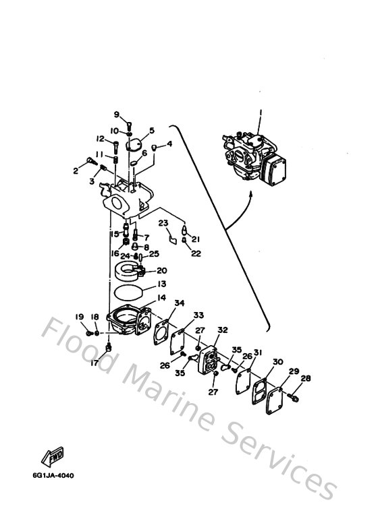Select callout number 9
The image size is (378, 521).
(116, 114)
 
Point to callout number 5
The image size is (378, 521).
(152, 130)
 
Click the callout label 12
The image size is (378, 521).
(99, 140)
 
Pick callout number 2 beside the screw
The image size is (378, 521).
(76, 171)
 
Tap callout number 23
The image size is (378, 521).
(163, 224)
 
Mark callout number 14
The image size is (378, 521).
(162, 297)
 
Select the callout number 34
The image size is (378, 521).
(180, 303)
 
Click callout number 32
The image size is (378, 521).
(222, 330)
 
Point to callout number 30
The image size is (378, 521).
(278, 362)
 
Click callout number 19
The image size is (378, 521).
(79, 316)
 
